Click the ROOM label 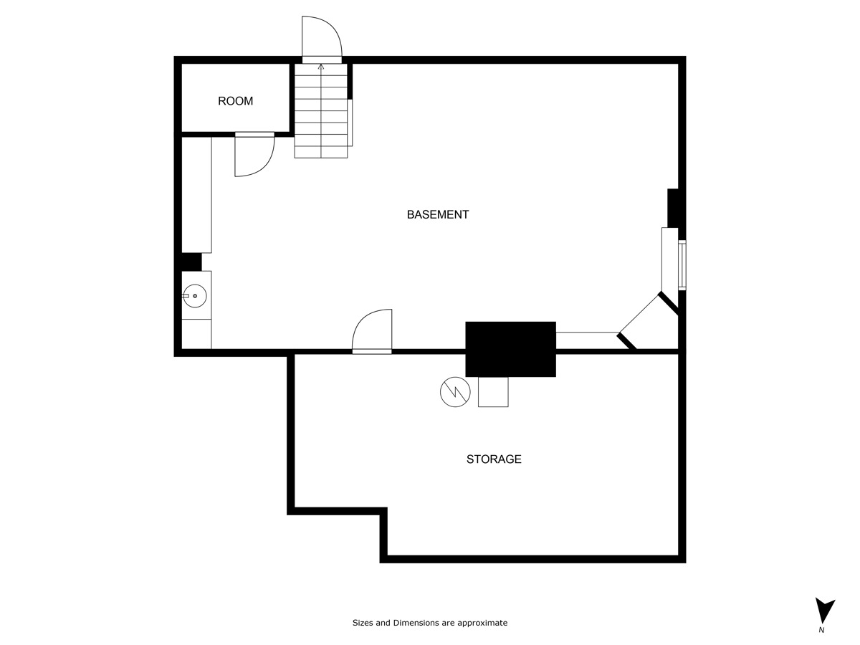click(x=235, y=101)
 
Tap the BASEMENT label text click(x=437, y=214)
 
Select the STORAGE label click(x=494, y=459)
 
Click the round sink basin click(x=195, y=295)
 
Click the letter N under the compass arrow click(x=821, y=631)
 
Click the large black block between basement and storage click(x=510, y=349)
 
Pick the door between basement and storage click(x=373, y=331)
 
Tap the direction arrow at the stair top click(x=321, y=67)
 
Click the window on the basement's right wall click(x=682, y=265)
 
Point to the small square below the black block click(x=493, y=392)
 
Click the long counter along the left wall click(x=196, y=194)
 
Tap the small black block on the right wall click(x=674, y=207)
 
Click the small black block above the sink click(x=191, y=262)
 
